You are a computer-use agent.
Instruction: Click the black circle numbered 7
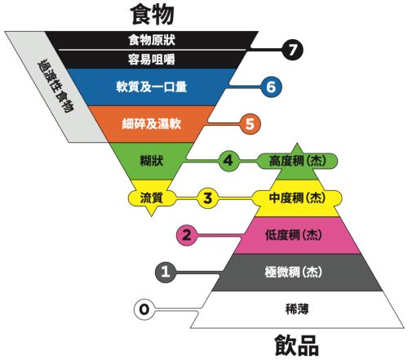[x=292, y=50]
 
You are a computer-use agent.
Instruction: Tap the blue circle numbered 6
[x=271, y=87]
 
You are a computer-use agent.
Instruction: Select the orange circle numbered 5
[x=250, y=124]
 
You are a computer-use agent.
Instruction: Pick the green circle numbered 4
[x=228, y=161]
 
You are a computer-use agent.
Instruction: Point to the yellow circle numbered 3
[x=207, y=198]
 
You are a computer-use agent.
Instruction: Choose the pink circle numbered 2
[x=187, y=235]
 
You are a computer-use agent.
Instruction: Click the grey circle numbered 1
[x=166, y=272]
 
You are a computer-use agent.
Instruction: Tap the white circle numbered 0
[x=144, y=309]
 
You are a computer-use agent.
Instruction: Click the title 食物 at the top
[x=152, y=15]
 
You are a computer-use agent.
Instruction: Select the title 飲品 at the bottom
[x=296, y=345]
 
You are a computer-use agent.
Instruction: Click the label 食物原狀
[x=152, y=40]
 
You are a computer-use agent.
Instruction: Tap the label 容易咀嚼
[x=152, y=59]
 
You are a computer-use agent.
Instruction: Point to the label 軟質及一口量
[x=152, y=87]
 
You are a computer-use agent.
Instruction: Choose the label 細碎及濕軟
[x=152, y=124]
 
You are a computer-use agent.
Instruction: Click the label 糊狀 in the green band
[x=152, y=161]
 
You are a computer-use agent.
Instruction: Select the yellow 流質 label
[x=152, y=198]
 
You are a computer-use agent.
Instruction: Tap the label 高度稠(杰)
[x=297, y=161]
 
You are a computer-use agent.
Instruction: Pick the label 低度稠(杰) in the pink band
[x=294, y=235]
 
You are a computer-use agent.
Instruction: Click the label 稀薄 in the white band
[x=297, y=309]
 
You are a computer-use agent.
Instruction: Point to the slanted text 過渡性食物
[x=55, y=87]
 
